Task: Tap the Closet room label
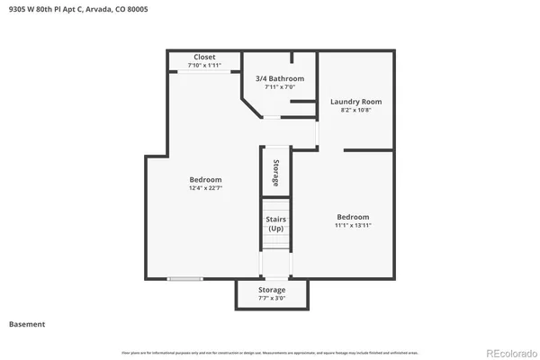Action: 203,57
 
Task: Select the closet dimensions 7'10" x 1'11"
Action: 203,66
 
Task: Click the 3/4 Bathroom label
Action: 279,78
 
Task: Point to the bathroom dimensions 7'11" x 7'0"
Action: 279,87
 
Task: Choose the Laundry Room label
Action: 356,102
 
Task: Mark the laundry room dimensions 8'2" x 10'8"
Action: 356,111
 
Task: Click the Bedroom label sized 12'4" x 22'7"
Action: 205,179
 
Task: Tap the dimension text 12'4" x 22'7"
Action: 205,188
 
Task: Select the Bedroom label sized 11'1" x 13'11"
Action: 353,217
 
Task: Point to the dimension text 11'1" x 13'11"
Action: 353,226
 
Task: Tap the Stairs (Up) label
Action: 275,223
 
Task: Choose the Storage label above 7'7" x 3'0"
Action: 272,290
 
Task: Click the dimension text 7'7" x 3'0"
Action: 272,299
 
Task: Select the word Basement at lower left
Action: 27,324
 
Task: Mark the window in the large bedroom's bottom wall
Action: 184,279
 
